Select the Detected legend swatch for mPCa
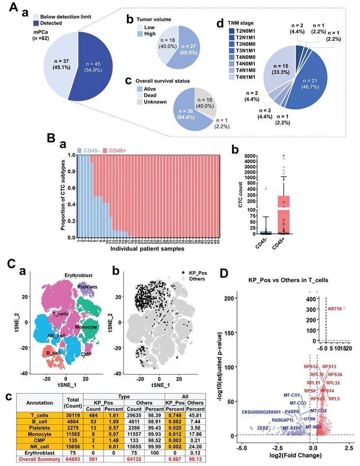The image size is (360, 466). click(35, 23)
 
